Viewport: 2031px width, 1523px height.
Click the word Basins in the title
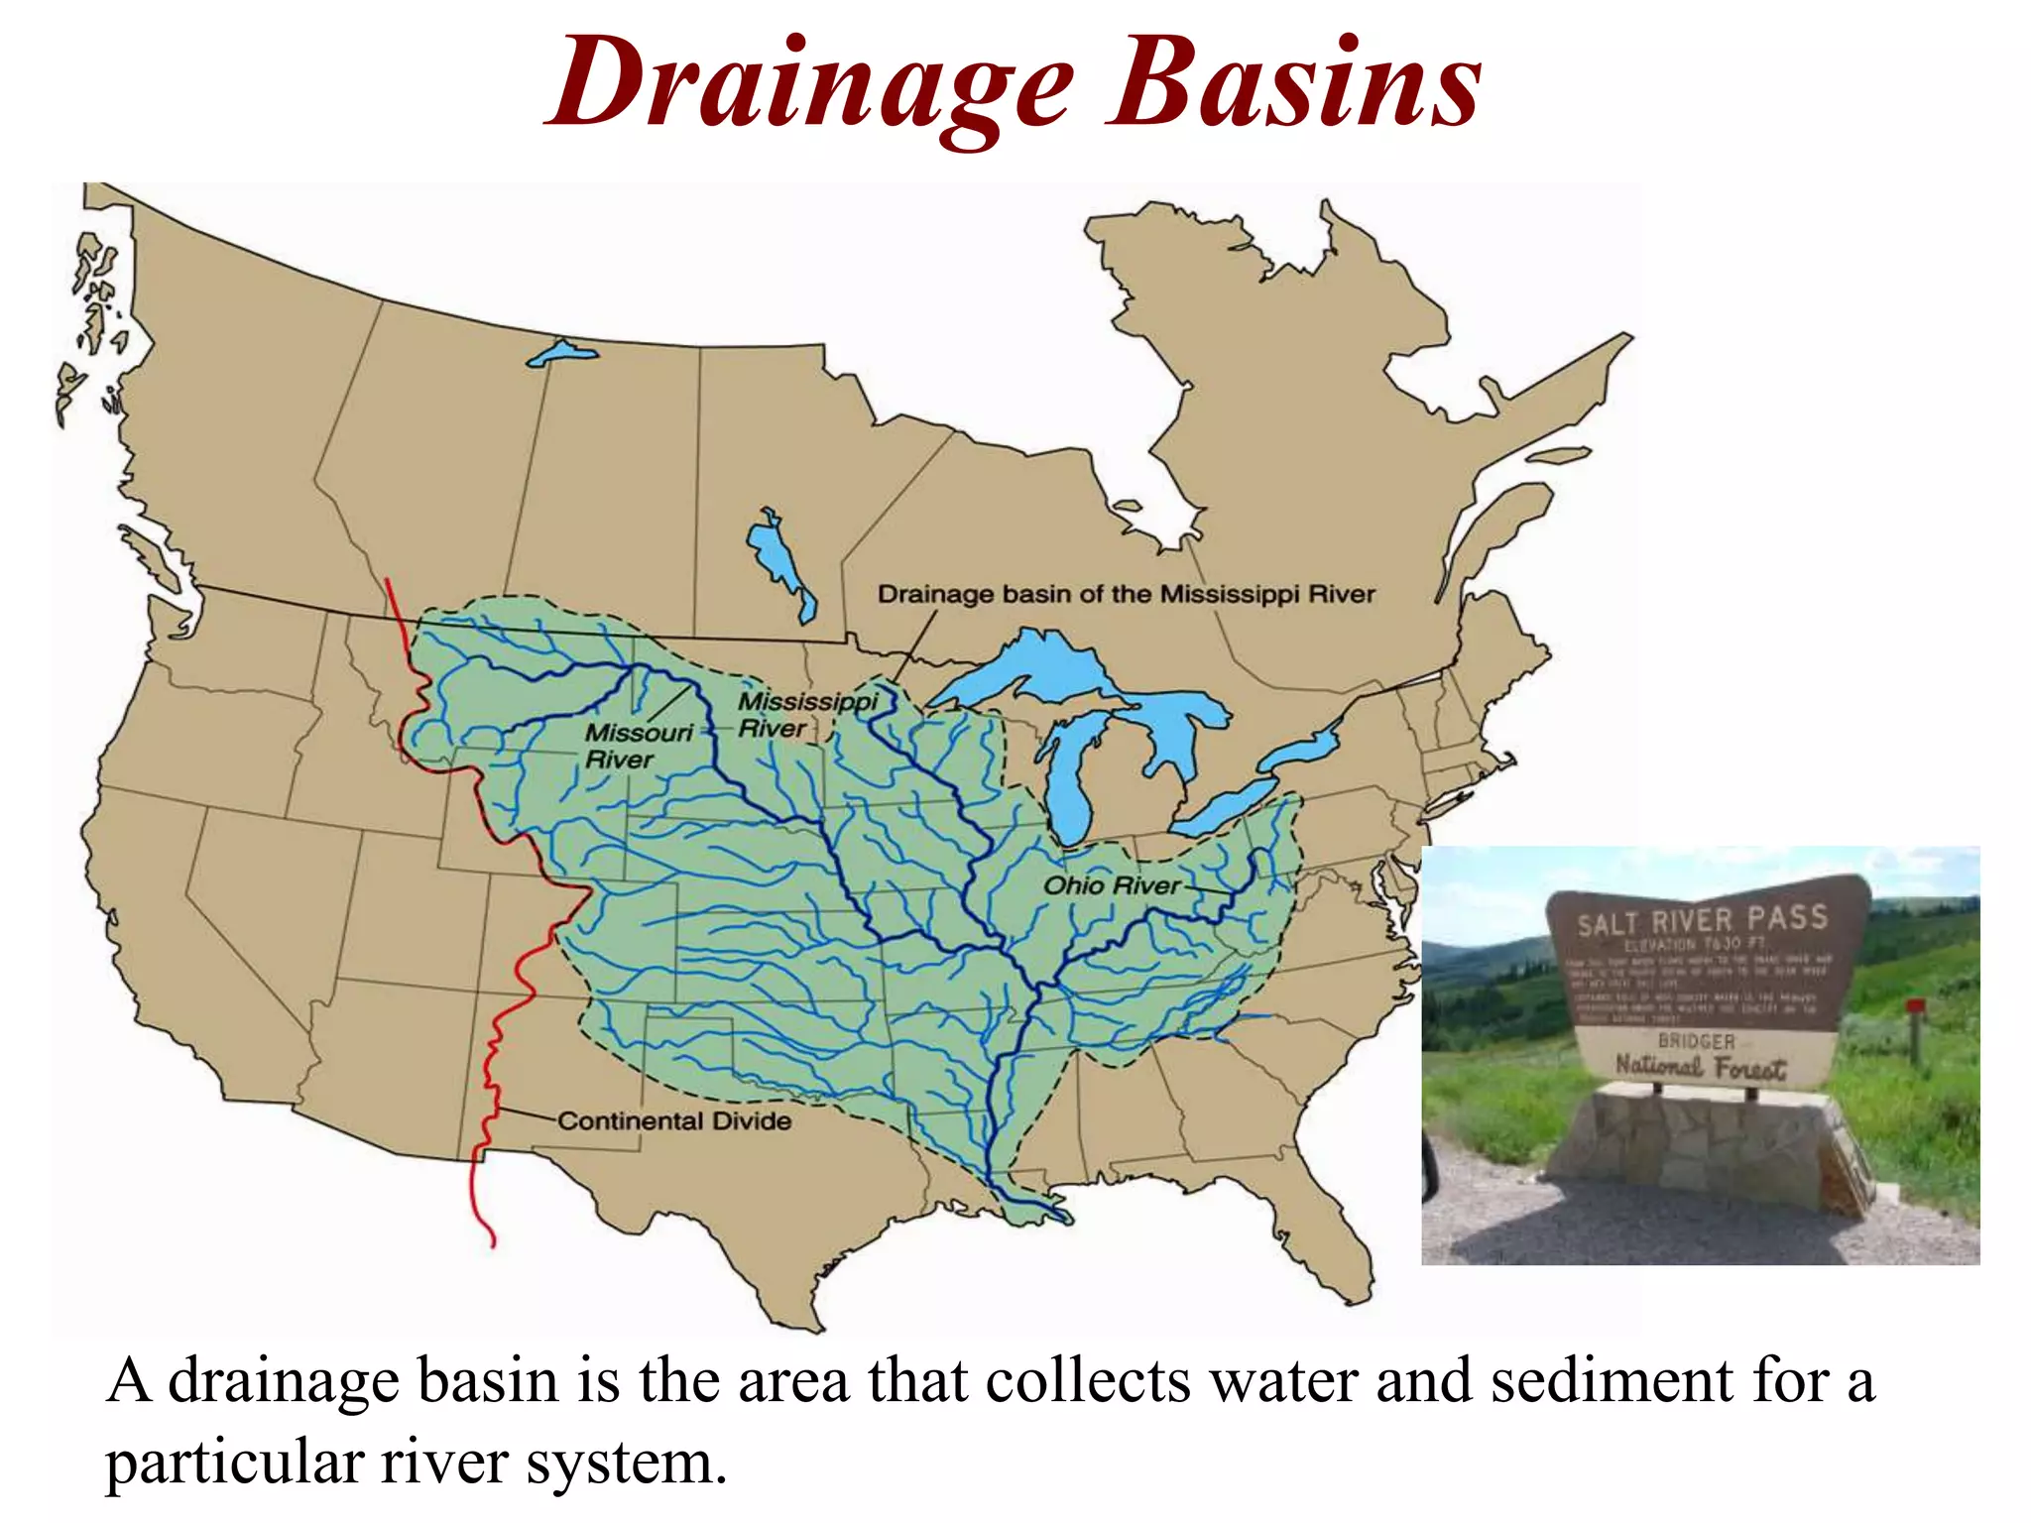point(1294,83)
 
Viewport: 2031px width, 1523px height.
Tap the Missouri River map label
point(637,746)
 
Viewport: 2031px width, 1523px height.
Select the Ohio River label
point(1112,885)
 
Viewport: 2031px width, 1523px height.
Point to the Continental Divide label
point(674,1121)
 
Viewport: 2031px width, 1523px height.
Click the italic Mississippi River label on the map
point(805,715)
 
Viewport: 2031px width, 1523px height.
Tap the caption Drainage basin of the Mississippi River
point(1126,594)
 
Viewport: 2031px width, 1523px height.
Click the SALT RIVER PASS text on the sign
point(1702,920)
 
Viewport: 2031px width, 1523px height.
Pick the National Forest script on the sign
point(1700,1067)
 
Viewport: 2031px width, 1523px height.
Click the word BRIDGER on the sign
point(1697,1041)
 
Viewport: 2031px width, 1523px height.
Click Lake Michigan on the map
point(1069,783)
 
